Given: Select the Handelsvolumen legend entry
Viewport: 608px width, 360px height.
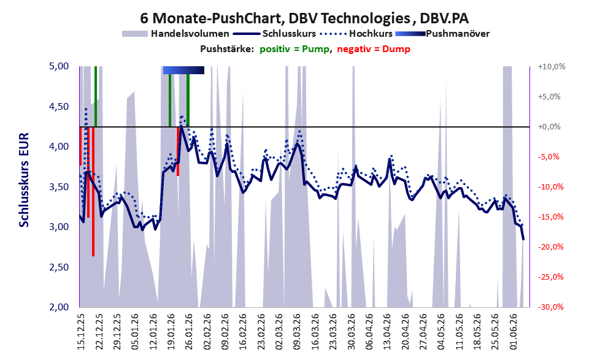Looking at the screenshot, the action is pyautogui.click(x=175, y=34).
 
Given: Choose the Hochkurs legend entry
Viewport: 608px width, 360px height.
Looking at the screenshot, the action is pyautogui.click(x=356, y=34).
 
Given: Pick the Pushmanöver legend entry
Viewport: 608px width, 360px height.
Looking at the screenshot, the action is pyautogui.click(x=442, y=34).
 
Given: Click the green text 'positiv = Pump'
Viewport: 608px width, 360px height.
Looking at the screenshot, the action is pyautogui.click(x=294, y=49).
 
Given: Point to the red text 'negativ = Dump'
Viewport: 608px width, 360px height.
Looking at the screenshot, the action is pyautogui.click(x=374, y=49).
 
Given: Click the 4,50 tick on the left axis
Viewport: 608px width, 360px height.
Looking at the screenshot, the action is pyautogui.click(x=59, y=107).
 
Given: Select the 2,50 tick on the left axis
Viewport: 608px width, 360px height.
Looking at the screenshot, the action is pyautogui.click(x=59, y=267).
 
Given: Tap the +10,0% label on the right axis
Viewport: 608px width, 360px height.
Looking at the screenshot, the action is pyautogui.click(x=552, y=67).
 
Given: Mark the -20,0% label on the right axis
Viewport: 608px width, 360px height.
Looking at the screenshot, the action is pyautogui.click(x=550, y=247).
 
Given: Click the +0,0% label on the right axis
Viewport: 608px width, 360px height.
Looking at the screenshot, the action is pyautogui.click(x=549, y=127).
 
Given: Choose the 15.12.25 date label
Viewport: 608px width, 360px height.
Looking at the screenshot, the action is pyautogui.click(x=80, y=331).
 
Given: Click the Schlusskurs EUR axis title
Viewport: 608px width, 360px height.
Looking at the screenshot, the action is pyautogui.click(x=24, y=180).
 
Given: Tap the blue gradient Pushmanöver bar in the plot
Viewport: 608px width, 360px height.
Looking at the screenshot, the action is pyautogui.click(x=183, y=70).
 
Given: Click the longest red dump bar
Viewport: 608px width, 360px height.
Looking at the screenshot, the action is pyautogui.click(x=93, y=191).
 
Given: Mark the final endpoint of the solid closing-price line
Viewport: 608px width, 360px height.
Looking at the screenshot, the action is pyautogui.click(x=523, y=239).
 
